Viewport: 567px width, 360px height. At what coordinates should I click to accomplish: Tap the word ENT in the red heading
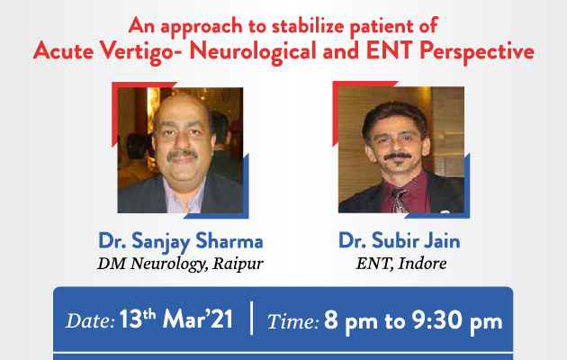(390, 50)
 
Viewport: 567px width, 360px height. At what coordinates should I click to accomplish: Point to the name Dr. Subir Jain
(400, 241)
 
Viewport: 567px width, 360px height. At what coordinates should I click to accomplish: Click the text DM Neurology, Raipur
(180, 264)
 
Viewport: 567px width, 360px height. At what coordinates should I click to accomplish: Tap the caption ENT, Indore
(401, 263)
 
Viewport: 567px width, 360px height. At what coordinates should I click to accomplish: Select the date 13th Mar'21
(175, 319)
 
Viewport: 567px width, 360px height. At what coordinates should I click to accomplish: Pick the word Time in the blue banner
(292, 321)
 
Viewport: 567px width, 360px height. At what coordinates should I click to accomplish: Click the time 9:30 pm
(457, 320)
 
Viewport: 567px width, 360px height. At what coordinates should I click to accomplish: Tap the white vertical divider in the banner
(251, 318)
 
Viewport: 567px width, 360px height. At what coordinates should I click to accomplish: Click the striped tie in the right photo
(400, 201)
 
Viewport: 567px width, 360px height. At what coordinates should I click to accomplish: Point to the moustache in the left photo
(183, 155)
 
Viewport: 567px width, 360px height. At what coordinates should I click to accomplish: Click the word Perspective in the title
(477, 51)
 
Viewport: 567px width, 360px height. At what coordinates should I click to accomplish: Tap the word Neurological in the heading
(253, 51)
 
